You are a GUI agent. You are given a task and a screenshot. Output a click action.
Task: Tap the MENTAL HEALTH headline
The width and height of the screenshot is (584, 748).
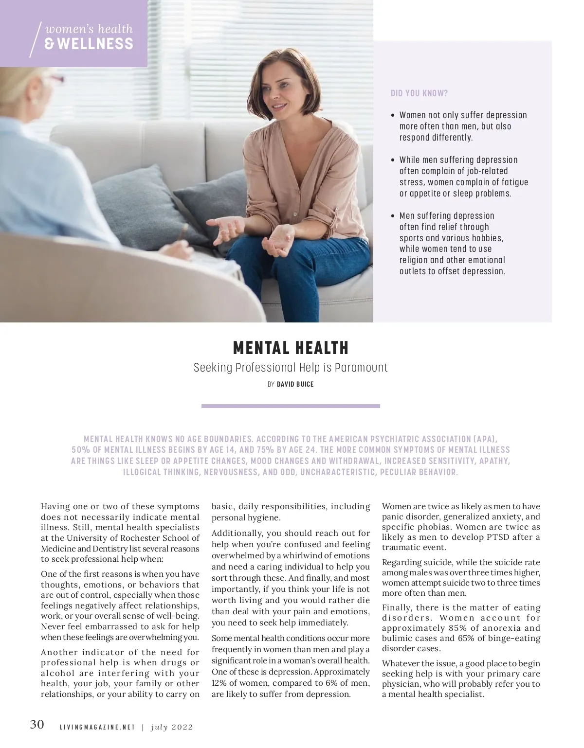(291, 348)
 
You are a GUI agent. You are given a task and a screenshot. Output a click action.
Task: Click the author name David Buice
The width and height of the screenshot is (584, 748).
(295, 384)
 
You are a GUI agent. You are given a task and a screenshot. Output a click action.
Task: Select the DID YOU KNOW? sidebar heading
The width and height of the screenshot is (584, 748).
(419, 93)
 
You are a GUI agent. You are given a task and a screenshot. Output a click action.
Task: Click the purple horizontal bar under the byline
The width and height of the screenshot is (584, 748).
(291, 406)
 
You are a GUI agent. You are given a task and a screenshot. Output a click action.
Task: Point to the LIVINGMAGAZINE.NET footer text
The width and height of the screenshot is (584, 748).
(97, 728)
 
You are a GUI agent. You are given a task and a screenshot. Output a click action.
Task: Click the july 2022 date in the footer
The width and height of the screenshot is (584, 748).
(172, 728)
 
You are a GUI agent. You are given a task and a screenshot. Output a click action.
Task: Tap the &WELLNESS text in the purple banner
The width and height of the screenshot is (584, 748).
(89, 44)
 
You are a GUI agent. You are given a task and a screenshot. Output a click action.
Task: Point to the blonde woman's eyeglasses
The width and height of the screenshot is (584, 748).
(57, 78)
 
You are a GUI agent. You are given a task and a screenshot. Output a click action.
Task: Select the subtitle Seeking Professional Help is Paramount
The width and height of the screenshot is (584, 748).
(291, 368)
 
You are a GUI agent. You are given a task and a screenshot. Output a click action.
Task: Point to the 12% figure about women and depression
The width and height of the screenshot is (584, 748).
(219, 683)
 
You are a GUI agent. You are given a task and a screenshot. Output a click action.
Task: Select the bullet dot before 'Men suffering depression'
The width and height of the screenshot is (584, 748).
(393, 216)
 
